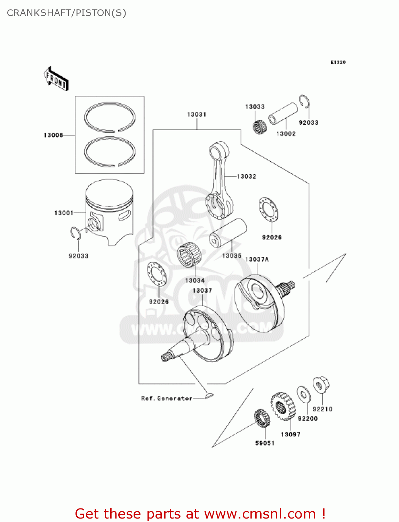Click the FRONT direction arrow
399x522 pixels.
pyautogui.click(x=56, y=79)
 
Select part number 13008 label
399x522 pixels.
pyautogui.click(x=53, y=135)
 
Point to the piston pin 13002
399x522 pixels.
pyautogui.click(x=284, y=114)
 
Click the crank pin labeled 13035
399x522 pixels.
pyautogui.click(x=228, y=233)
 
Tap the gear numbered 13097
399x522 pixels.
pyautogui.click(x=283, y=406)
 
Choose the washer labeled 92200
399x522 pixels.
pyautogui.click(x=304, y=394)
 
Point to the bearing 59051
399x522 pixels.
pyautogui.click(x=262, y=419)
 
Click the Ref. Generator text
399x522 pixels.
pyautogui.click(x=167, y=398)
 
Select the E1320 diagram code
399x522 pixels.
pyautogui.click(x=338, y=62)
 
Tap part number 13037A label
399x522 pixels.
pyautogui.click(x=257, y=259)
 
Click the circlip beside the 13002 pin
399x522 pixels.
pyautogui.click(x=305, y=102)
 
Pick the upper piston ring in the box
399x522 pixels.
pyautogui.click(x=110, y=117)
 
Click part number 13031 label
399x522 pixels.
pyautogui.click(x=197, y=114)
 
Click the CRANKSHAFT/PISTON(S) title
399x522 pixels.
pyautogui.click(x=66, y=13)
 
